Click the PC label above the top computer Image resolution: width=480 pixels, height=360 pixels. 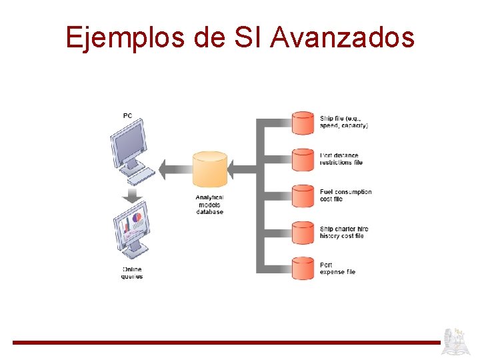point(127,116)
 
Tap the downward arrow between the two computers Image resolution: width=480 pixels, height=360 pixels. point(133,196)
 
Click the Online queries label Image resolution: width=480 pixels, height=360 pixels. point(132,273)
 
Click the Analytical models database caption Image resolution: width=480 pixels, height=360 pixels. point(209,204)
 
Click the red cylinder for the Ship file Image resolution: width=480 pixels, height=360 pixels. point(303,123)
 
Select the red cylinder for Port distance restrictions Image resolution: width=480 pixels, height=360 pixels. point(303,159)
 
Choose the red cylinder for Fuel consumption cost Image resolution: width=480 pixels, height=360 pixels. point(303,195)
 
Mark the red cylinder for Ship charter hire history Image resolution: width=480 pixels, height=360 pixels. point(303,231)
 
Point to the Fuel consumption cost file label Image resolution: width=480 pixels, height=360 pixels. point(345,195)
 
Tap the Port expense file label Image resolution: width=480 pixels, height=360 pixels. point(337,268)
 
